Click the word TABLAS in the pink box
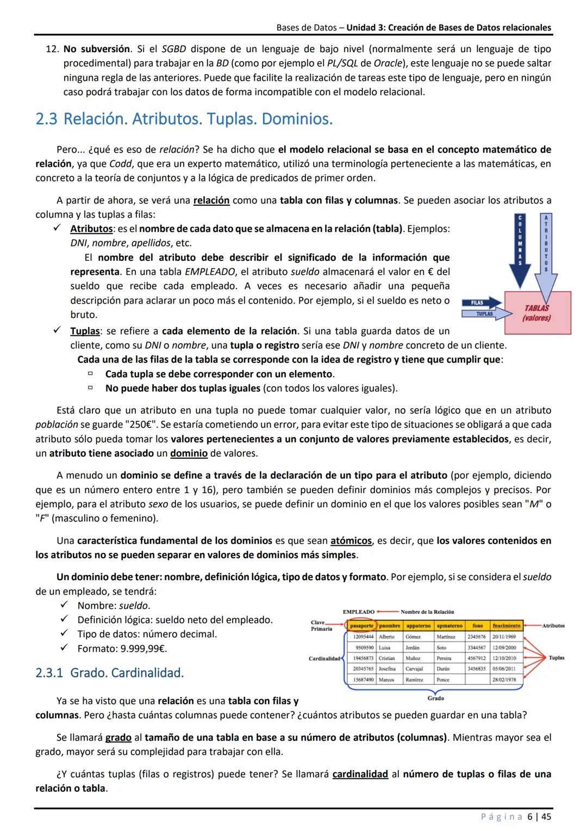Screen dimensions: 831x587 [536, 308]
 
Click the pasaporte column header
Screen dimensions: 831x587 [360, 626]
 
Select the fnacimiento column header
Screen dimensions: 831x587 [507, 626]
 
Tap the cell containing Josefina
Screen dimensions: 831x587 [387, 669]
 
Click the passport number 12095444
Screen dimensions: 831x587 [363, 637]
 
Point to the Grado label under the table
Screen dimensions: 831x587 [435, 698]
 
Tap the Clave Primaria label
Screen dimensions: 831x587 [321, 626]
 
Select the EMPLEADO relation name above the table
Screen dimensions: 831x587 [359, 612]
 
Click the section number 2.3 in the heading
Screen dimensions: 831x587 [46, 119]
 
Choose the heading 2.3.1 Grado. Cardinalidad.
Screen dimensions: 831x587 [109, 673]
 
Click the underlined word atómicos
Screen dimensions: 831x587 [351, 541]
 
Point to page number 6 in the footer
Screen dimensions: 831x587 [530, 816]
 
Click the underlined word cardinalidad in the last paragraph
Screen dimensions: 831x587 [360, 774]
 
